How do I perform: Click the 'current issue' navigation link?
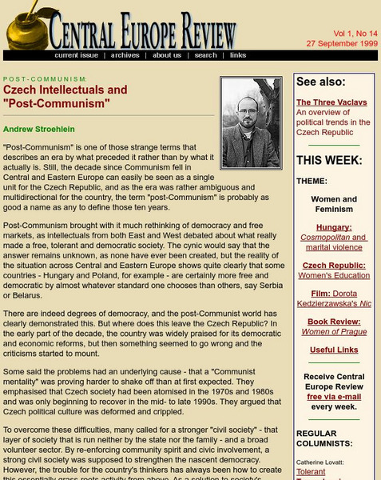coord(77,55)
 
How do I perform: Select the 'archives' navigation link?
coord(125,55)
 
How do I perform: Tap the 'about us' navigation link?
coord(167,55)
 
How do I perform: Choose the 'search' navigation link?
coord(206,55)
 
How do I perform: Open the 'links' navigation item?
coord(238,55)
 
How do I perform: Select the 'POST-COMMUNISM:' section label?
coord(45,79)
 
